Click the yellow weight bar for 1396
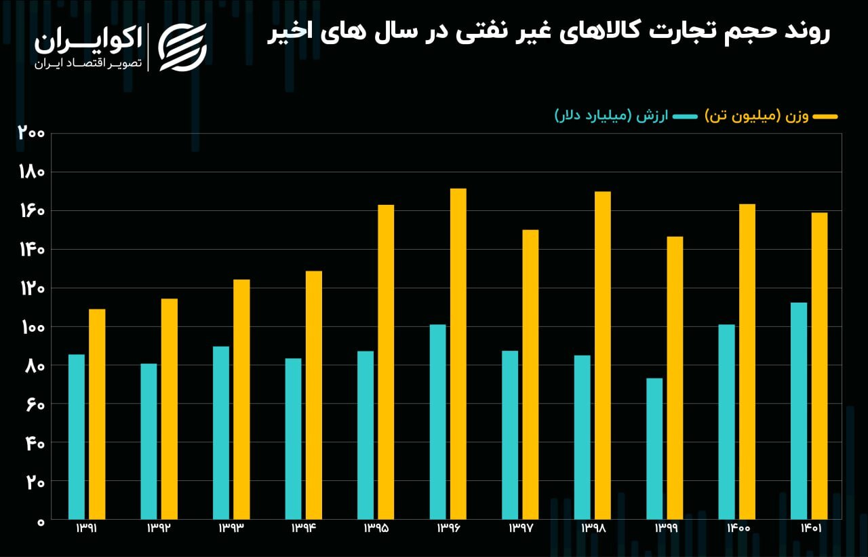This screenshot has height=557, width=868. pyautogui.click(x=458, y=353)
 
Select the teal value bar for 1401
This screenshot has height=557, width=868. pyautogui.click(x=799, y=410)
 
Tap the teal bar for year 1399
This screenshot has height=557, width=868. pyautogui.click(x=654, y=448)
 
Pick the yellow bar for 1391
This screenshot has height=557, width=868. pyautogui.click(x=97, y=414)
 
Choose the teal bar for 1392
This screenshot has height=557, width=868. pyautogui.click(x=149, y=441)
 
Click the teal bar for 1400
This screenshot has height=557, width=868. pyautogui.click(x=727, y=421)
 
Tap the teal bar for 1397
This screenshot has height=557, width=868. pyautogui.click(x=510, y=435)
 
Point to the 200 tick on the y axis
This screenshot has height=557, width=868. pyautogui.click(x=31, y=133)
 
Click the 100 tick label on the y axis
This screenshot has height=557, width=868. pyautogui.click(x=31, y=327)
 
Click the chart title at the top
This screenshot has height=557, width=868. pyautogui.click(x=549, y=35)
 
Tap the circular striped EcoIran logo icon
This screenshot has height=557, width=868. pyautogui.click(x=182, y=46)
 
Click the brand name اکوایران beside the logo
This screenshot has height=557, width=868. pyautogui.click(x=88, y=40)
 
